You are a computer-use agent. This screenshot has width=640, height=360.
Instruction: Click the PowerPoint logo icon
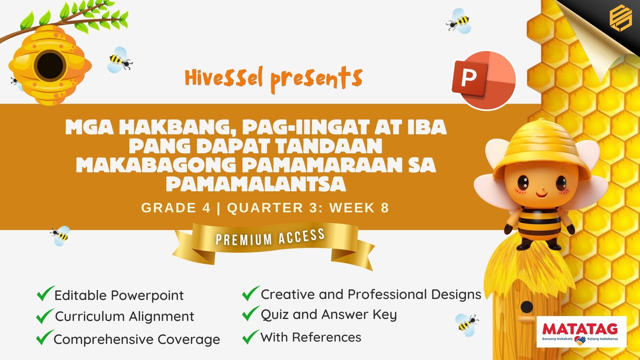(x=484, y=80)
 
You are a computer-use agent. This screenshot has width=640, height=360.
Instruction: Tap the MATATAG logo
(x=582, y=332)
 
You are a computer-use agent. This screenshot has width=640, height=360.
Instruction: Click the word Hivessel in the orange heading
(x=224, y=77)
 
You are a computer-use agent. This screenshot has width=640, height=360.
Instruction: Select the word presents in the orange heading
(x=316, y=79)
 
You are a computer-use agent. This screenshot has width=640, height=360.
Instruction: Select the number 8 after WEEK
(x=385, y=208)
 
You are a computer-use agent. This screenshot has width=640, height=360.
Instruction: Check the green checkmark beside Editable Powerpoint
(x=45, y=293)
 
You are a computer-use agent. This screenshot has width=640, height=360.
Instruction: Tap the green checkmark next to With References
(x=251, y=337)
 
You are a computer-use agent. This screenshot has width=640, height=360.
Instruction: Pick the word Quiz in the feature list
(x=275, y=315)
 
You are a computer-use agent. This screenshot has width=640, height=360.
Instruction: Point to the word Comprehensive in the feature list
(x=104, y=340)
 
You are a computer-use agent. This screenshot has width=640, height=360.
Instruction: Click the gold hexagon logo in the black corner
(x=621, y=19)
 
